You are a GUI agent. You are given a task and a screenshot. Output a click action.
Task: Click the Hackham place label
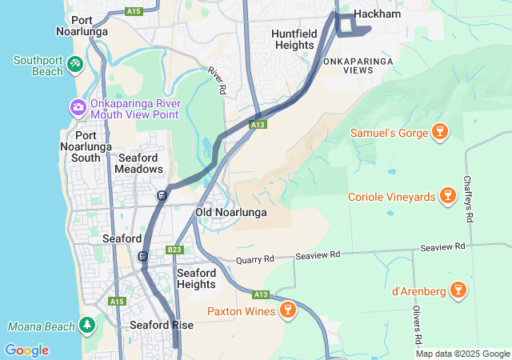coord(377,14)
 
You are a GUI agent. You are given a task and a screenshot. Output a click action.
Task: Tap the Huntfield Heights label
coord(294,39)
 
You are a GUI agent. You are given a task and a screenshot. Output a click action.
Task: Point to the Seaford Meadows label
coord(138,163)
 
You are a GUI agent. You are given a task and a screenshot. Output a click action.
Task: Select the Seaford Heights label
coord(195,278)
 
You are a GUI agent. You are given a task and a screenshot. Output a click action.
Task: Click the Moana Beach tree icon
coord(86,326)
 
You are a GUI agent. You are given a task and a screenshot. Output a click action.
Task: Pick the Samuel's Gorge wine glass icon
coord(438,131)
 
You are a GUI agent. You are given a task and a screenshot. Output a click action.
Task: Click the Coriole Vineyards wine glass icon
coord(447,196)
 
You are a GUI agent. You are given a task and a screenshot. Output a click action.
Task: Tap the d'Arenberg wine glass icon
coord(458,289)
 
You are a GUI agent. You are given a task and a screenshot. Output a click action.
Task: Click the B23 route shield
coord(175,250)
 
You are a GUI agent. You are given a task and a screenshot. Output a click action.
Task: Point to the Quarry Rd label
coord(254,260)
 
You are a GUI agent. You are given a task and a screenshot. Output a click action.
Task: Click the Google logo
coord(26,350)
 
